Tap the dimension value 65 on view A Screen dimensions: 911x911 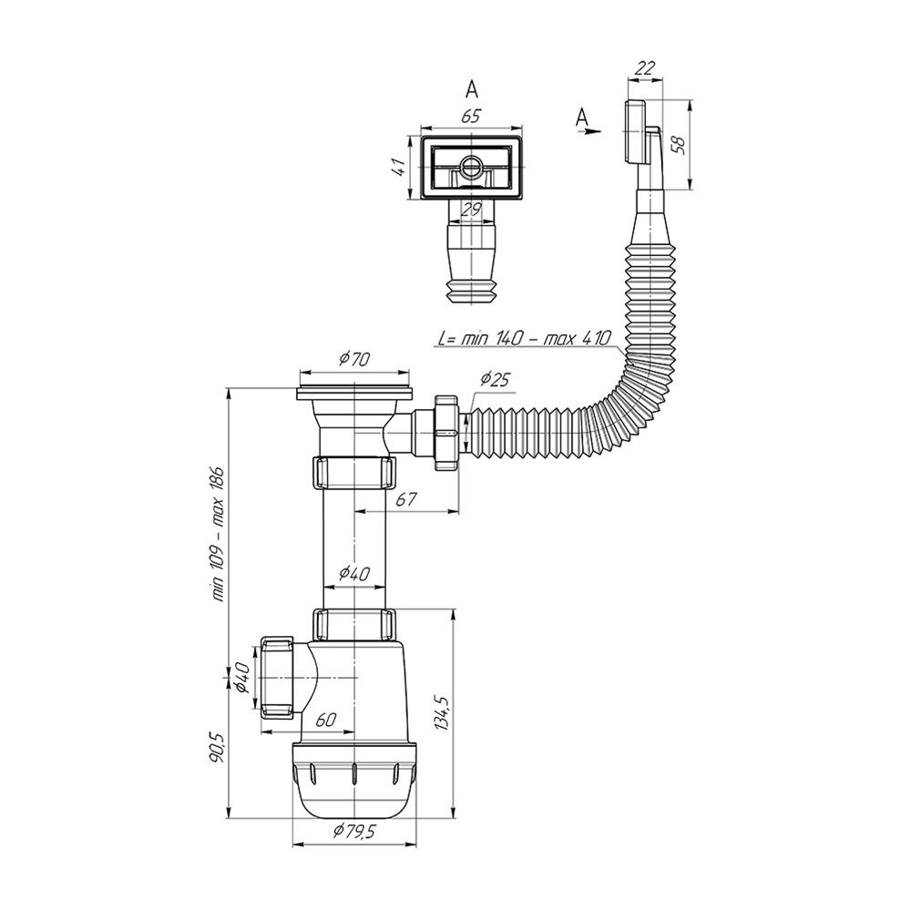point(472,116)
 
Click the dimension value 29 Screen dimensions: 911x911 point(472,209)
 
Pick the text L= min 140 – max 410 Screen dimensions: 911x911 point(525,337)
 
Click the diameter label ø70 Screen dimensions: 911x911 point(354,360)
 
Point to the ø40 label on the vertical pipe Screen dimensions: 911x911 point(353,573)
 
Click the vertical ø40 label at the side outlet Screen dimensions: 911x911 point(242,679)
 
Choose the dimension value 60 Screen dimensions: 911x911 point(325,720)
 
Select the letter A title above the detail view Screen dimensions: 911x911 point(472,88)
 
